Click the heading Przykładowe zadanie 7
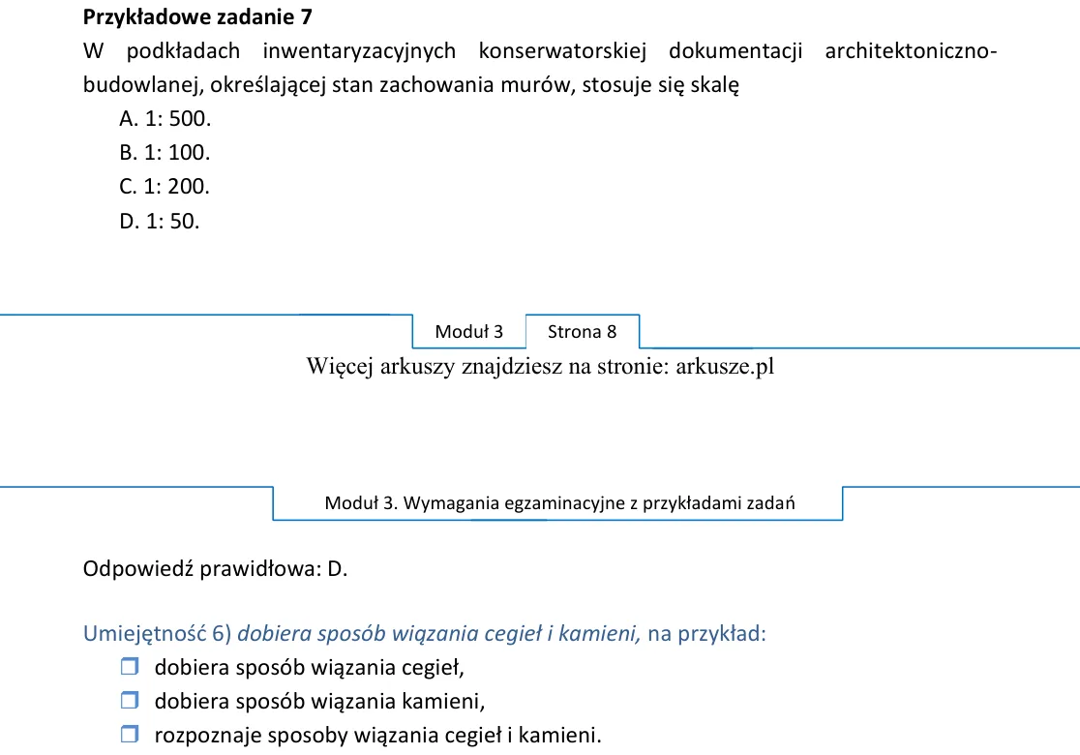pos(197,17)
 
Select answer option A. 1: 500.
pos(165,118)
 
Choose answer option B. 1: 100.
pos(165,152)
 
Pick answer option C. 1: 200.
pos(165,186)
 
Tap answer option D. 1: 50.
pos(159,221)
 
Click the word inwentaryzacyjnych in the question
pos(359,51)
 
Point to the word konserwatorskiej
pos(562,51)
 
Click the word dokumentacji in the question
pos(735,51)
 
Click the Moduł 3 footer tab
pos(469,332)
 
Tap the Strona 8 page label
pos(582,332)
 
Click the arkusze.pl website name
pos(725,367)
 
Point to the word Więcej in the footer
pos(341,367)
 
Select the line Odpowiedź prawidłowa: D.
pos(216,569)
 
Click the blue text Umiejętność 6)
pos(157,634)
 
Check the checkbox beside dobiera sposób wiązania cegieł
pos(130,666)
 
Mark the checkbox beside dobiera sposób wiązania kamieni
pos(130,700)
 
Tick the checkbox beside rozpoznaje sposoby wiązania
pos(130,734)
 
